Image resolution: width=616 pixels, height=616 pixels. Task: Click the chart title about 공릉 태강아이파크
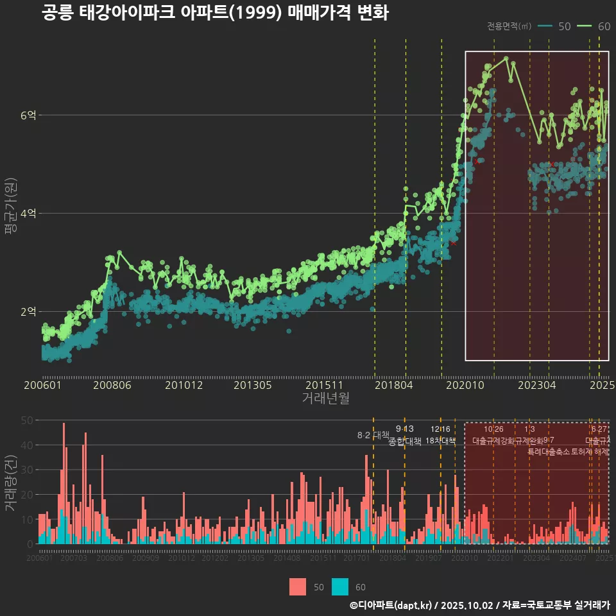point(215,13)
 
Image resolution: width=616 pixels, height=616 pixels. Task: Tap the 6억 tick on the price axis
point(28,116)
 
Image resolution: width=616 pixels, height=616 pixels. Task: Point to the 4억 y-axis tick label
point(28,214)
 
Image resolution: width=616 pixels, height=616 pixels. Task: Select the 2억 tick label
point(28,312)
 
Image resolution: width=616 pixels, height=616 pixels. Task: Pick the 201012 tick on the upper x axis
point(184,386)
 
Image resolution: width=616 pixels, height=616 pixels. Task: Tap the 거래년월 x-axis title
point(325,398)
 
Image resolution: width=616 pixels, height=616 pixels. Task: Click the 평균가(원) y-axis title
point(10,207)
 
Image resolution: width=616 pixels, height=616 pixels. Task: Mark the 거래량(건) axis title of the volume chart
point(10,483)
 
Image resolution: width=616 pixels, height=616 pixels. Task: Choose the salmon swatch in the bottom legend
point(298,586)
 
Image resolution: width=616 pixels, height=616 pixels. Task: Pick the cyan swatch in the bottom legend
point(340,586)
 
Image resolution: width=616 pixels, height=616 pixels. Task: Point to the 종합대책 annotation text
point(405,441)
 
